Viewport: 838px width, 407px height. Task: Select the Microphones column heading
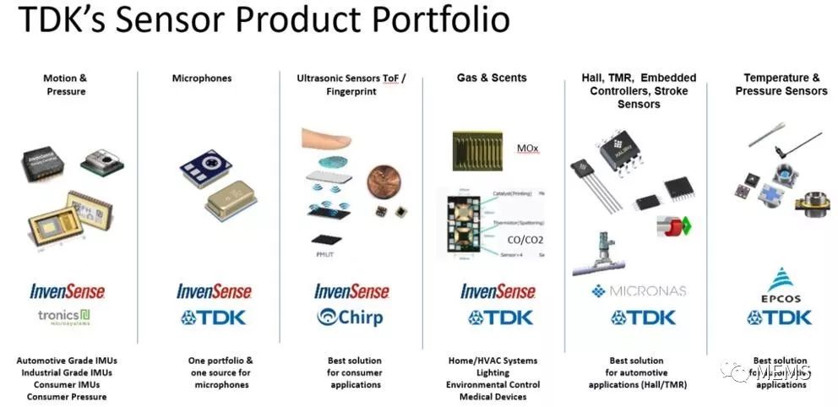[202, 79]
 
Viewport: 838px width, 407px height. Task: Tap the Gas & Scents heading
[492, 78]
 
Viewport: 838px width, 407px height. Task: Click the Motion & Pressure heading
[65, 84]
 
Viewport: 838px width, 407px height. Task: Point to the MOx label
[527, 149]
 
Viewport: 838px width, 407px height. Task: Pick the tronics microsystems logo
[65, 317]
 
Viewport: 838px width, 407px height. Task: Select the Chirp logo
[350, 317]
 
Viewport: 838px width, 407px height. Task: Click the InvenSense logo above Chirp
[351, 291]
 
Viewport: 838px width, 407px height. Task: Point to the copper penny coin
[380, 182]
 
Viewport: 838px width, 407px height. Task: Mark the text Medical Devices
[492, 397]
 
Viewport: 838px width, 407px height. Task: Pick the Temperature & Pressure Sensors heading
[781, 84]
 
